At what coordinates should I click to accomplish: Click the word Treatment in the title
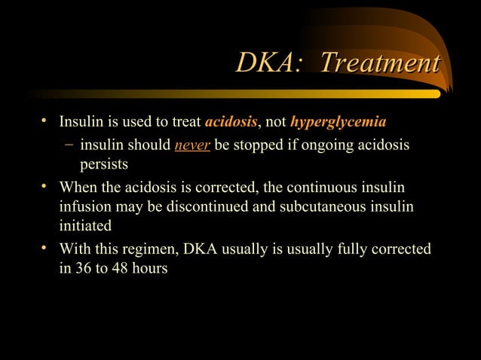point(380,64)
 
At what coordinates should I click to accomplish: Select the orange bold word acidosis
point(231,122)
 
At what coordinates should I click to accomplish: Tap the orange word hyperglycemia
point(339,122)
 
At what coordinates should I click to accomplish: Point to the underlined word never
point(192,144)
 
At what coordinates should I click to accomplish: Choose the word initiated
point(84,226)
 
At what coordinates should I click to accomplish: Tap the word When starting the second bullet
point(78,186)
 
